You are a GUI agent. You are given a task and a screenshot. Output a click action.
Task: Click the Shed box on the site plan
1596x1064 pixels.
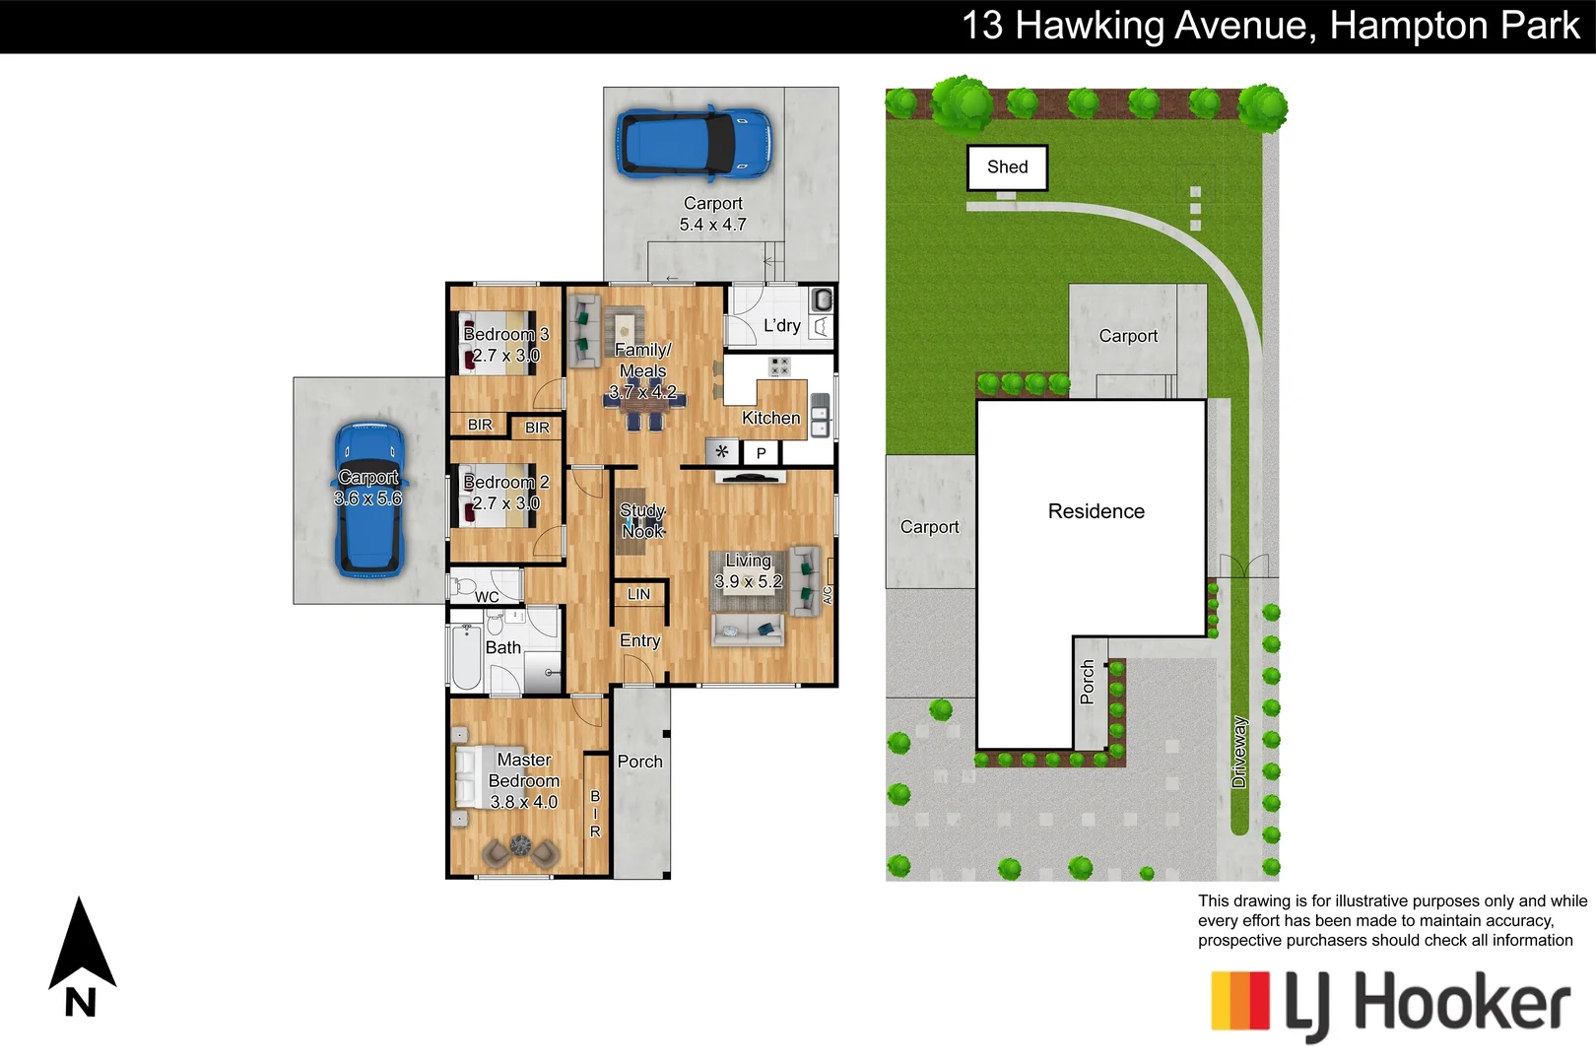(x=1006, y=167)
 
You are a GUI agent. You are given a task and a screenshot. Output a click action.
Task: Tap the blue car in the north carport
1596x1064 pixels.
(x=694, y=144)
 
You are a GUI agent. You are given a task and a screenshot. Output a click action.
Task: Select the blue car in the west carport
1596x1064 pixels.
(x=369, y=499)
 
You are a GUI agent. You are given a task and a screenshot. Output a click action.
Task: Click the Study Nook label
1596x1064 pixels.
(x=642, y=521)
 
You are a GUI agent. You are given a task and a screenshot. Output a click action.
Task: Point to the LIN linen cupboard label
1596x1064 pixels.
(x=638, y=594)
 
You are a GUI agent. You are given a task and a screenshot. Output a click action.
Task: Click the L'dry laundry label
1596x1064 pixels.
(x=781, y=326)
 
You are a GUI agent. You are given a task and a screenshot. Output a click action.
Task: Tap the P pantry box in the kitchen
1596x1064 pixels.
(x=761, y=453)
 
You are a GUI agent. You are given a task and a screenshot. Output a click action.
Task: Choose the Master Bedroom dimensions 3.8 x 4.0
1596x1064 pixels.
(x=523, y=802)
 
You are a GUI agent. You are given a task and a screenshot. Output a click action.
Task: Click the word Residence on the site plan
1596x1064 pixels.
(x=1096, y=511)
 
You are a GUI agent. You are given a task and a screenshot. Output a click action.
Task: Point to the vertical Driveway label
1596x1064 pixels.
(x=1239, y=752)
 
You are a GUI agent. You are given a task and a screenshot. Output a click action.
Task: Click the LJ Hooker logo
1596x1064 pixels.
(x=1389, y=1005)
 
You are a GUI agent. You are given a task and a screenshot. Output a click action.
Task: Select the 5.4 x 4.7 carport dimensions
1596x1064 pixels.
(x=712, y=225)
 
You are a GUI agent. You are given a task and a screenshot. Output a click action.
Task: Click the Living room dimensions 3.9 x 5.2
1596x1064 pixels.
(x=748, y=582)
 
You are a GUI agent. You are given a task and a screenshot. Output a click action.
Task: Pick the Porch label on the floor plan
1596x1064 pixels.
(x=639, y=762)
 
